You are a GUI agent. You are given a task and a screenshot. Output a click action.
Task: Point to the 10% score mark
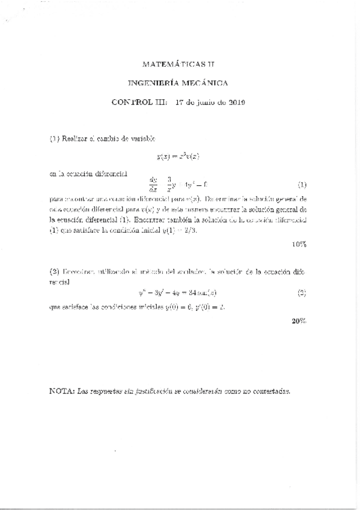tap(299, 244)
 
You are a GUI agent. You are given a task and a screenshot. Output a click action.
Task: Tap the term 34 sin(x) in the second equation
tap(207, 294)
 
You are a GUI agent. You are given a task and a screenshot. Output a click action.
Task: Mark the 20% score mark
tap(299, 320)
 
